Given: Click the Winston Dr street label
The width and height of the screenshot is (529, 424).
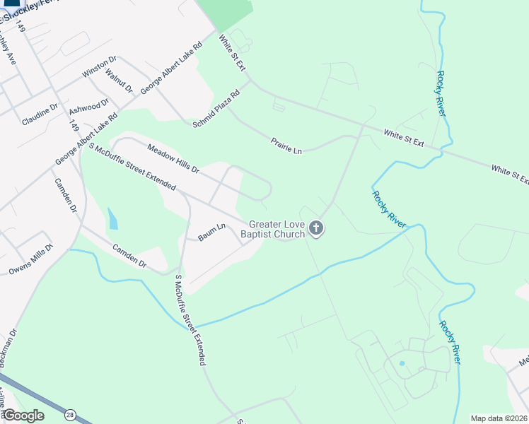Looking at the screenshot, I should point(98,67).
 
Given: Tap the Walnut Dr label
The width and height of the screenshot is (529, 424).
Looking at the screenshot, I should point(119,80).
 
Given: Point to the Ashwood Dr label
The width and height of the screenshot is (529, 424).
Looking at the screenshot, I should point(88,107).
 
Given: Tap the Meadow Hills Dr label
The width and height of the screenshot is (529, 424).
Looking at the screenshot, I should point(173,158).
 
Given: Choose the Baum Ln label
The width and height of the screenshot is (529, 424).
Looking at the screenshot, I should point(211,232).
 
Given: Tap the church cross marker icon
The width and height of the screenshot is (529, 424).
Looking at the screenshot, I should point(316,229).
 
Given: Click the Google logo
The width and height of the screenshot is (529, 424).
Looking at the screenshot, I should point(23,416).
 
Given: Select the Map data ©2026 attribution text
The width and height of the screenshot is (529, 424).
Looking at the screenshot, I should point(499,418).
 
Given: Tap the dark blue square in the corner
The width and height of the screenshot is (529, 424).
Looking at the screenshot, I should point(11,4).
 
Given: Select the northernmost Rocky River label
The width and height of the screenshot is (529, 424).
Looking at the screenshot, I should point(441,93).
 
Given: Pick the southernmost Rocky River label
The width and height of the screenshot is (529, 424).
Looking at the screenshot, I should point(450,343).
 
